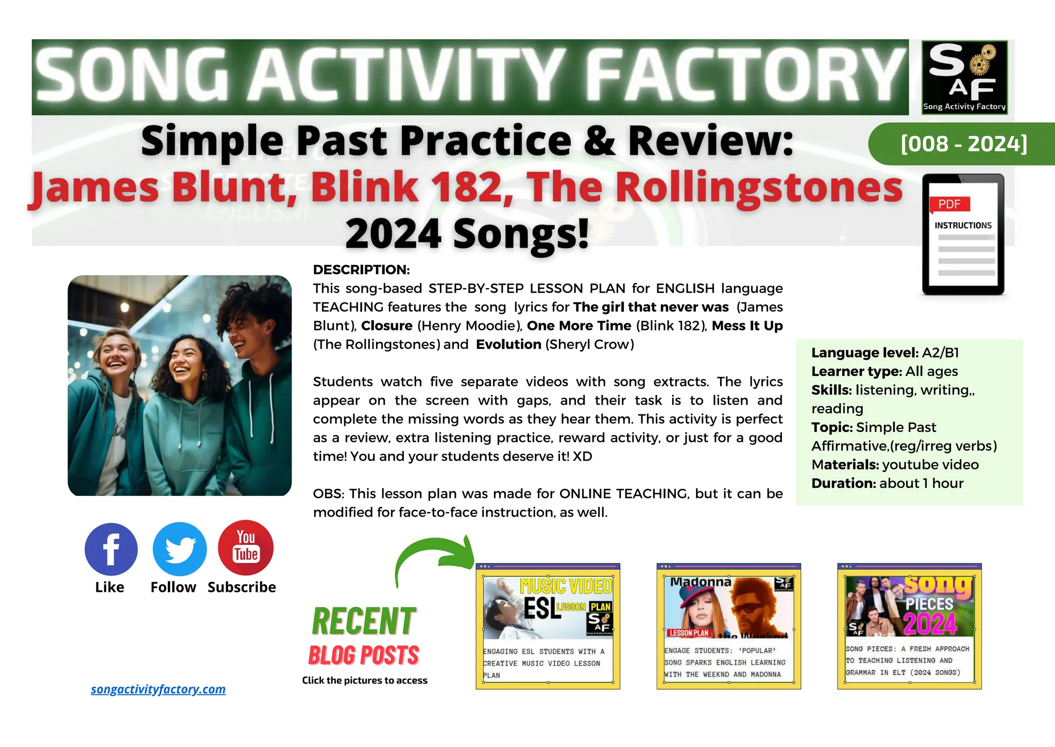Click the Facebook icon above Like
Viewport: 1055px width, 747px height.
coord(111,549)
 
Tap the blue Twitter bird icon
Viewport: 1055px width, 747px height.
coord(180,549)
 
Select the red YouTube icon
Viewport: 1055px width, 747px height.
coord(246,547)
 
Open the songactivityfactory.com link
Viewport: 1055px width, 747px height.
coord(158,689)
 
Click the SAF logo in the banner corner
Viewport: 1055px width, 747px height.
coord(964,77)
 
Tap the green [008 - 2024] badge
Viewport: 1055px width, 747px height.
coord(964,144)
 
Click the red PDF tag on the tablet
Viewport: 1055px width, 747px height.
coord(949,204)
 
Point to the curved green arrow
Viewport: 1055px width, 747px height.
coord(433,559)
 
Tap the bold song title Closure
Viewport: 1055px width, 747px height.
coord(387,326)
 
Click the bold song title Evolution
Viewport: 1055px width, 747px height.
coord(508,344)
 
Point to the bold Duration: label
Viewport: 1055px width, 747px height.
coord(843,484)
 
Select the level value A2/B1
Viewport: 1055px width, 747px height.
coord(941,353)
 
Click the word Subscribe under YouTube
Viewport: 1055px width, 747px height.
coord(242,587)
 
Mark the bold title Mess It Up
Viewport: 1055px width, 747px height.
coord(747,326)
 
